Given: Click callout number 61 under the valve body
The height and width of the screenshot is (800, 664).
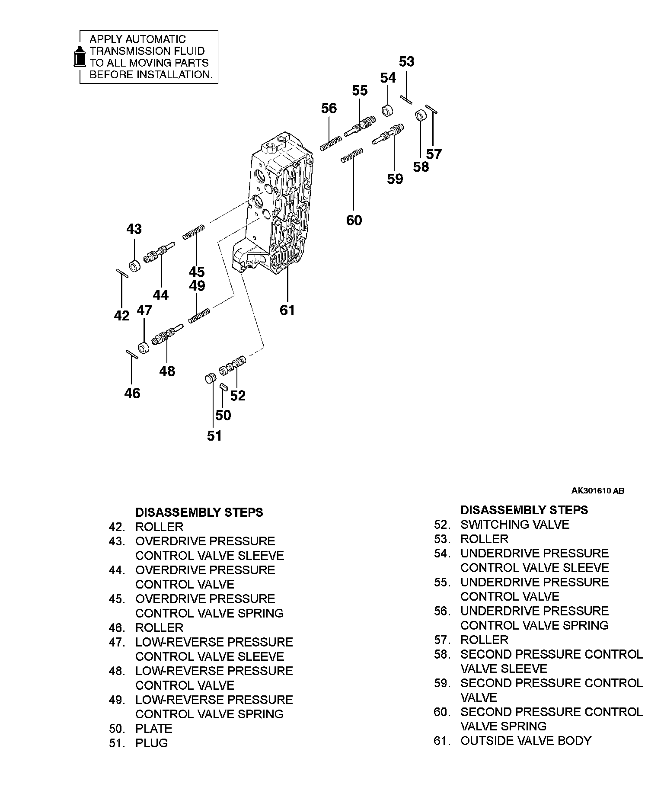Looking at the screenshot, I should pos(287,310).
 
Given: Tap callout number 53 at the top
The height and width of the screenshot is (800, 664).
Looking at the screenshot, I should pos(406,62).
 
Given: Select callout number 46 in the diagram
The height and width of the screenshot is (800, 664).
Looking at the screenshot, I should pos(132,393).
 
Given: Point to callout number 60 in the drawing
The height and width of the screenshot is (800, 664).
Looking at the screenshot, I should pos(354,220).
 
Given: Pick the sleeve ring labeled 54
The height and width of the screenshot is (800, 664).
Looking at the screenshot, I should pos(388,110).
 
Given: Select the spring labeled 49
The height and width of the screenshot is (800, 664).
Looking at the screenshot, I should pos(199,315).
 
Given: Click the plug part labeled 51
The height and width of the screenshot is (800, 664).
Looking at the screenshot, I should pos(210,378).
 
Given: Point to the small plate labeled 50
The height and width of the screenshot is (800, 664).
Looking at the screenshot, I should pos(223,387).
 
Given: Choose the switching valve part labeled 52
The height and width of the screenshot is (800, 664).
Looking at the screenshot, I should pos(233,365).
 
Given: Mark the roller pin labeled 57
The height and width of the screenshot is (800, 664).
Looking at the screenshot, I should pos(432,109).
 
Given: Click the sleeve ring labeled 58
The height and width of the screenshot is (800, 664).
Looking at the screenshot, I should pos(421,116).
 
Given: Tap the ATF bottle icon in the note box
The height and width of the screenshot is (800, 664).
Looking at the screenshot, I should pos(79,56).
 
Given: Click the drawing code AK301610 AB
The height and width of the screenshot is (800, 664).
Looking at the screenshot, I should pos(597,491).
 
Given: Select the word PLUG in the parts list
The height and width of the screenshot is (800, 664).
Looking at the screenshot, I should pos(151,743).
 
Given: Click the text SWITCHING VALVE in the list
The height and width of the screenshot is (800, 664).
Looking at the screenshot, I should pos(514,525).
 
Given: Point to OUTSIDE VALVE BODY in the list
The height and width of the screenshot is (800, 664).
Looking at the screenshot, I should pos(525,741).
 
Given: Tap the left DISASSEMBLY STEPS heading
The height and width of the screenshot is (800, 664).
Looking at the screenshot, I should pos(199,512).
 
